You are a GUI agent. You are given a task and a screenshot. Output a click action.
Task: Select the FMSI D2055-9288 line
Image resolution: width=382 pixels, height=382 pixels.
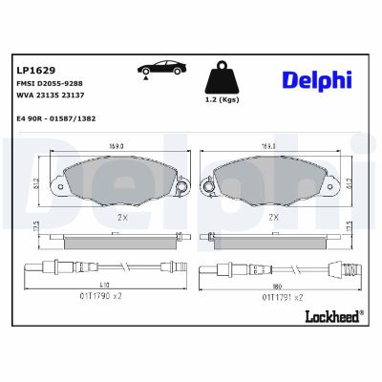[x=51, y=84]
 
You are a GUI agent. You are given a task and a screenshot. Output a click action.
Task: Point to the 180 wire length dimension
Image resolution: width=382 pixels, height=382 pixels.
[x=276, y=284]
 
